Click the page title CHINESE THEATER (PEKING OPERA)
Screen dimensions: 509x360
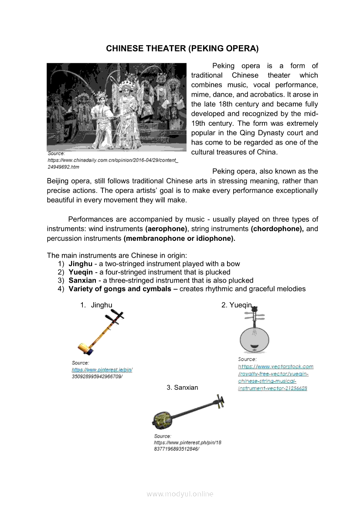click(x=182, y=48)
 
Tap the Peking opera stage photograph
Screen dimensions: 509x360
click(x=116, y=107)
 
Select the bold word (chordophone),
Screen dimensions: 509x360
click(x=277, y=229)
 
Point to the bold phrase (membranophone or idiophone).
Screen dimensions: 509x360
click(x=179, y=238)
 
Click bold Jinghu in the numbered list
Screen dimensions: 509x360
click(x=80, y=264)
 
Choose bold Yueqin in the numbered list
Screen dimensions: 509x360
click(x=81, y=272)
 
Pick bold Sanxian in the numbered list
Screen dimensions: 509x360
click(x=82, y=280)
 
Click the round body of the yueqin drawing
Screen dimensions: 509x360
click(x=255, y=338)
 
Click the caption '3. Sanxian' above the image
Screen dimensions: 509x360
click(x=182, y=388)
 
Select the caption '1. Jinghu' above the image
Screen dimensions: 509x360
click(x=96, y=305)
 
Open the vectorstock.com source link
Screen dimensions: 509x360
click(x=275, y=377)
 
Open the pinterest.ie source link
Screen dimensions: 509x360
click(x=102, y=370)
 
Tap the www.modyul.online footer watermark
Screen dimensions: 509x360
click(x=180, y=494)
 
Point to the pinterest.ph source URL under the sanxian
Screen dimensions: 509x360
click(x=187, y=445)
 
